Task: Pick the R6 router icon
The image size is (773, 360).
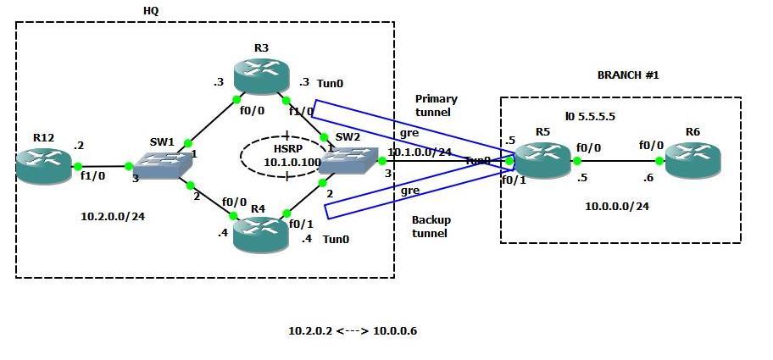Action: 693,160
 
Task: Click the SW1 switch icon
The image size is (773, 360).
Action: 161,166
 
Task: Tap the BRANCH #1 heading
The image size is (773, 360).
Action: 628,75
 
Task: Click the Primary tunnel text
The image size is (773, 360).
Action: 437,105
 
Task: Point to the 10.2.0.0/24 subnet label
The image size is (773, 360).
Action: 113,217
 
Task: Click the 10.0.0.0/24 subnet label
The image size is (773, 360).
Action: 617,206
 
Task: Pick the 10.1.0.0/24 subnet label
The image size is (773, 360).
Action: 419,153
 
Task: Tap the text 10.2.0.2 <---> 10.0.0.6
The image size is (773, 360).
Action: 352,330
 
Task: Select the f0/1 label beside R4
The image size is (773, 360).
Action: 300,224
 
